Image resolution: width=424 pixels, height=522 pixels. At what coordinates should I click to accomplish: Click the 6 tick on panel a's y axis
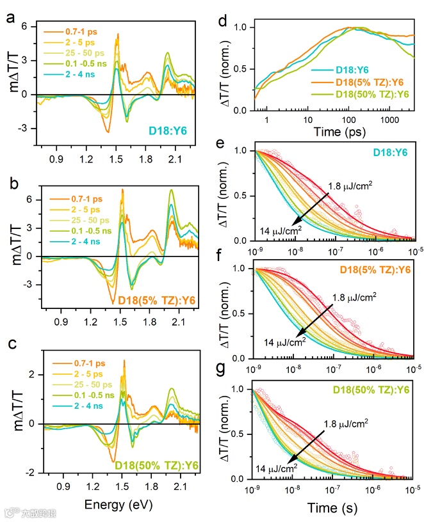[29, 27]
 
